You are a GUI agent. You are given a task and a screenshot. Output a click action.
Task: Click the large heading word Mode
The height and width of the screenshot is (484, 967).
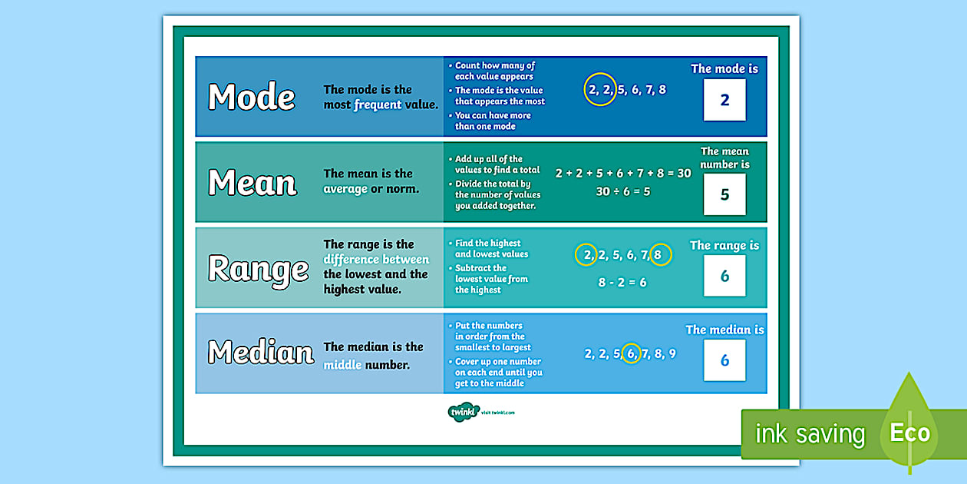(x=252, y=98)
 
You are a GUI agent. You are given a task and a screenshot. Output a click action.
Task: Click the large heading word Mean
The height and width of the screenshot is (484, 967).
(x=252, y=183)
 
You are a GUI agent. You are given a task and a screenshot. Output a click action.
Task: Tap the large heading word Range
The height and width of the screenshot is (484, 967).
(x=259, y=269)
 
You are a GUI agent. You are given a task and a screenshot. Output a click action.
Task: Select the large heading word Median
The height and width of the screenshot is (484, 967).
(x=261, y=353)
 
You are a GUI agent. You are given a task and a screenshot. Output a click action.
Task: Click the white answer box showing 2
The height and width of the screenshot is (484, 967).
(x=724, y=101)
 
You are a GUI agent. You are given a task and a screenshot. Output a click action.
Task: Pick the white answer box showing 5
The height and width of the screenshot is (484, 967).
(x=724, y=194)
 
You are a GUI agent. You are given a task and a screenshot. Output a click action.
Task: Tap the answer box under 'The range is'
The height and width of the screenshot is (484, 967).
(x=724, y=276)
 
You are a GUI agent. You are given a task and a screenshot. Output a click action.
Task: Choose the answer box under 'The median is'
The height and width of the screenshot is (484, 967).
(x=724, y=360)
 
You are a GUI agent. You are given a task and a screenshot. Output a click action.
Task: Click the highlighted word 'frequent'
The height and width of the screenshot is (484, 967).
(x=378, y=105)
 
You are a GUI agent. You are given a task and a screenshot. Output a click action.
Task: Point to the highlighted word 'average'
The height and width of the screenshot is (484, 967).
(x=345, y=189)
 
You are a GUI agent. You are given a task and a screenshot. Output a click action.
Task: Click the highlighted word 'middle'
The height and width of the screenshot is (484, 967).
(x=342, y=365)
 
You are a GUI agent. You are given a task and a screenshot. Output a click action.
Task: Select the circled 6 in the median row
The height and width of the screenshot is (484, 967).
(x=631, y=353)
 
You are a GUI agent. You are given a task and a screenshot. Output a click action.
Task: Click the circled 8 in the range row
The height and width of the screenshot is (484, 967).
(x=661, y=255)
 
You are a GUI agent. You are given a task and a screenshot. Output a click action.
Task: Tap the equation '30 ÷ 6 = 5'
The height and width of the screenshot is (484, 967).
(x=622, y=191)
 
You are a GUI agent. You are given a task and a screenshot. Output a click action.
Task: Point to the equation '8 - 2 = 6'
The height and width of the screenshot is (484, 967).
(x=622, y=282)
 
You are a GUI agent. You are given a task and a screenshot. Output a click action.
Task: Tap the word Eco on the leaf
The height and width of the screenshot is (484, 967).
(x=909, y=433)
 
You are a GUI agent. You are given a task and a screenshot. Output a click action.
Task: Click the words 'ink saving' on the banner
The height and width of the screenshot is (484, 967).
(x=810, y=435)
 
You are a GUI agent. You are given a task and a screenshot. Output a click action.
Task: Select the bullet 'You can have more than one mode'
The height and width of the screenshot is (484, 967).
(x=492, y=121)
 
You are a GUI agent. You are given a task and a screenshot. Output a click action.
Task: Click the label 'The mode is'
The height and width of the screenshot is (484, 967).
(x=724, y=69)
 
